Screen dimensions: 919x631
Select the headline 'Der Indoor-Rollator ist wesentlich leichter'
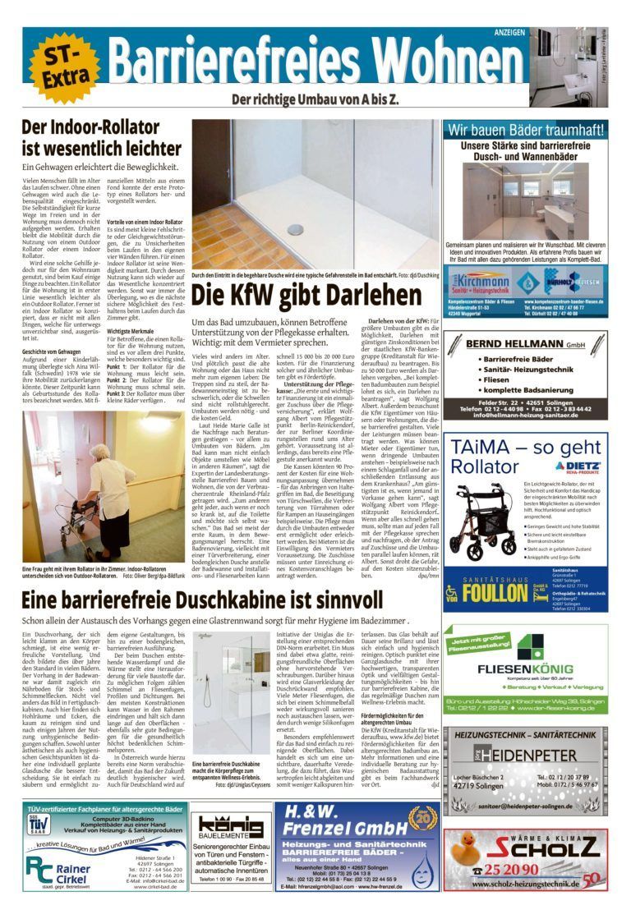tap(90, 138)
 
